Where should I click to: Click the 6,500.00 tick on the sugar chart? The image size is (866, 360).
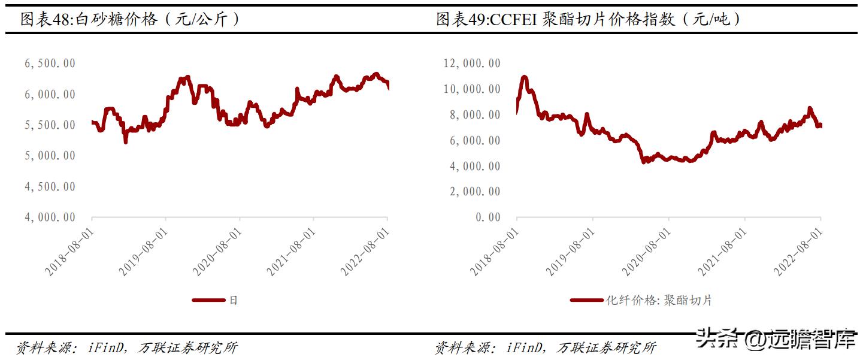(x=50, y=64)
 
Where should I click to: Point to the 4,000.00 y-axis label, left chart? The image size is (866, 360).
(x=50, y=217)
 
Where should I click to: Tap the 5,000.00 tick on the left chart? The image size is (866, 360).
(x=50, y=156)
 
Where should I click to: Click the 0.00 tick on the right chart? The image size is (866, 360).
(x=488, y=217)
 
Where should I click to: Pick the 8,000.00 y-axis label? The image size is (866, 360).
(x=474, y=115)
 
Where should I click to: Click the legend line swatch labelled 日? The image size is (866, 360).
(x=208, y=300)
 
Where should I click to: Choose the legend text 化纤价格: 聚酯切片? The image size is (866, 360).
(x=658, y=300)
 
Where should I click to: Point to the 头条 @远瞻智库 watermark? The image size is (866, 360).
(x=779, y=340)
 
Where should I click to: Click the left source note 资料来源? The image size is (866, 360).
(x=41, y=347)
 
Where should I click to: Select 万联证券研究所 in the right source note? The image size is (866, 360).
(x=606, y=347)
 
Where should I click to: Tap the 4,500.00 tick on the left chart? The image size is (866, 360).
(x=50, y=187)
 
